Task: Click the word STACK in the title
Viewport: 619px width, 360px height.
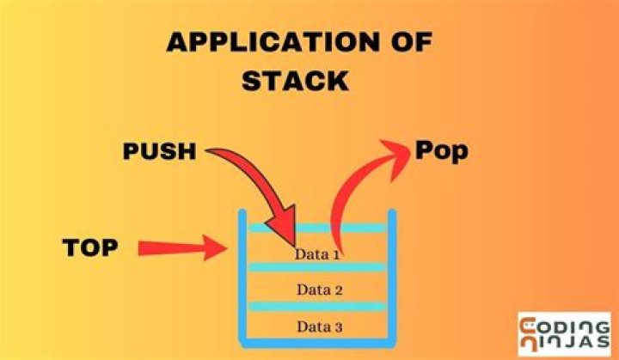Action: pos(295,81)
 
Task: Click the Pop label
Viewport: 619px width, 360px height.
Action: pos(441,150)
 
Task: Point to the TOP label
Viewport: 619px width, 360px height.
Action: pos(89,248)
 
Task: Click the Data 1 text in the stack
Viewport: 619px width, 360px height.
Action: pos(318,253)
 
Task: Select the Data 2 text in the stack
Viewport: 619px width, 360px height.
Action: pos(318,290)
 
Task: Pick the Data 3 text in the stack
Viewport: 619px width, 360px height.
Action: pos(318,326)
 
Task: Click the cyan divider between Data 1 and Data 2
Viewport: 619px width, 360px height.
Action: pos(316,267)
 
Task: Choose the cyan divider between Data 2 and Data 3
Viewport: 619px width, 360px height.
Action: pos(316,305)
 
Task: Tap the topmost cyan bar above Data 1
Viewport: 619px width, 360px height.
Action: pos(316,229)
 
